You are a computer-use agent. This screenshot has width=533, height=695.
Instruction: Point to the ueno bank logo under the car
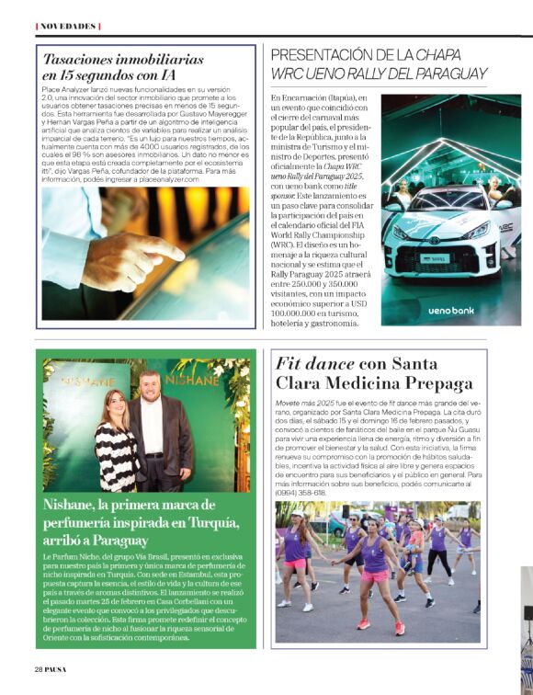451,311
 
